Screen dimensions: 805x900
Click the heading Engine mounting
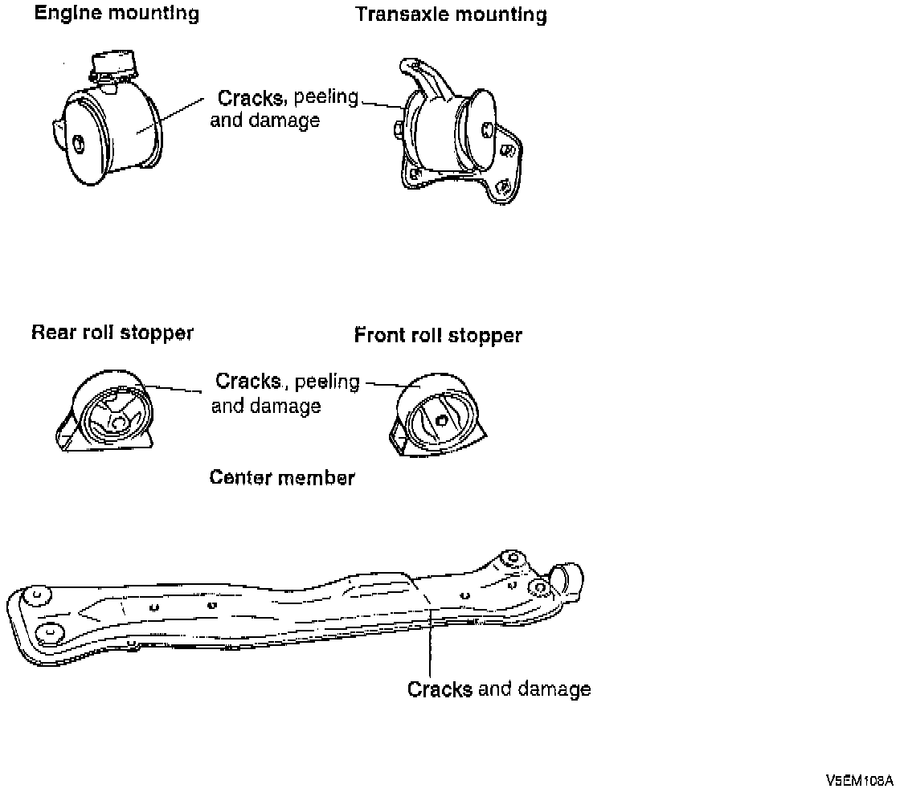click(x=117, y=14)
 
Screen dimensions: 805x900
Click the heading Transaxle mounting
click(x=451, y=14)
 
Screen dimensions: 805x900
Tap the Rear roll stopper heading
click(x=112, y=333)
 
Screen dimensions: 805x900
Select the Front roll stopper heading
click(x=438, y=335)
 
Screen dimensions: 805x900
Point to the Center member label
click(x=282, y=478)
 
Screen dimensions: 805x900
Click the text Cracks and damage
click(x=499, y=689)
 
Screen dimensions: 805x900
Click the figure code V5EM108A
click(x=858, y=780)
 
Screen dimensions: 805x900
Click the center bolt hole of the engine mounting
click(x=79, y=145)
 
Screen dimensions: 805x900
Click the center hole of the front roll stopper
click(x=441, y=419)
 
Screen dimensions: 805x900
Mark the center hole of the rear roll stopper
click(x=118, y=420)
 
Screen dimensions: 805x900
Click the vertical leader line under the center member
click(x=432, y=651)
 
